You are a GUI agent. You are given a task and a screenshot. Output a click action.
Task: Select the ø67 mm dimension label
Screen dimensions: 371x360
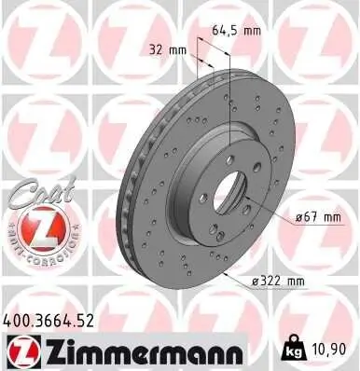317,217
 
